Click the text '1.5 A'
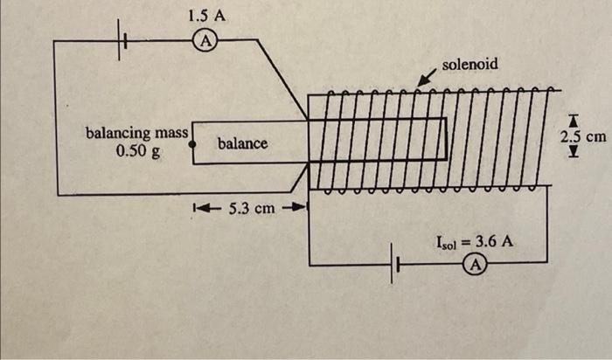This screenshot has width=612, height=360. [204, 15]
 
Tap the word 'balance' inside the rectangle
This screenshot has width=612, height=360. [242, 142]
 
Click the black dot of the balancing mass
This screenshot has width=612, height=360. [193, 143]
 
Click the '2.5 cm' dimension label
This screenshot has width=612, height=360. [582, 136]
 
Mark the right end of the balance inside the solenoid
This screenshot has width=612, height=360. [446, 142]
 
